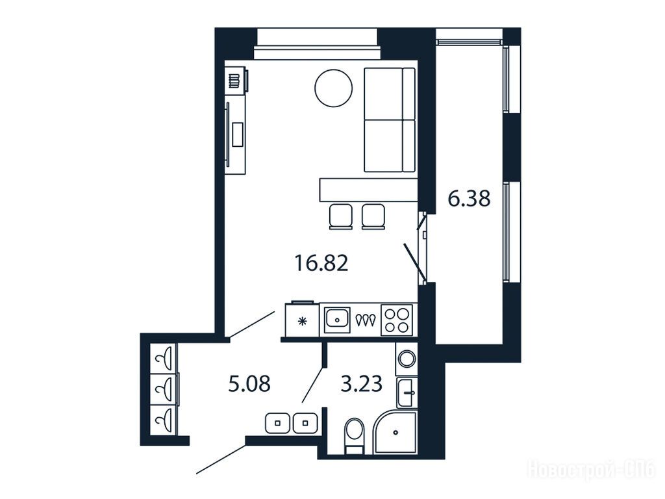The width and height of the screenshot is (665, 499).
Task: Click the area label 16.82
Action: click(321, 262)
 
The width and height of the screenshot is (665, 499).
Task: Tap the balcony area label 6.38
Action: click(469, 198)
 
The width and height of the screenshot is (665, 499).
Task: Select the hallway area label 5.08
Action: click(249, 384)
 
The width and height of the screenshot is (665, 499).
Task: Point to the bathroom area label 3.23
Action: click(362, 383)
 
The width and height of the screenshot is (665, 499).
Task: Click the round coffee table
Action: click(333, 88)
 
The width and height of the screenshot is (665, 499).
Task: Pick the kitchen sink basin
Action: click(337, 320)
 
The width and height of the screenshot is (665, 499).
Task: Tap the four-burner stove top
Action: click(397, 320)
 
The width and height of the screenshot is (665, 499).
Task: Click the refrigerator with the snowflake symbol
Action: click(303, 320)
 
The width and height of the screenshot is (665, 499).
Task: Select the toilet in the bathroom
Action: click(355, 435)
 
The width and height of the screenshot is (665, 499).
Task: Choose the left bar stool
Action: click(340, 216)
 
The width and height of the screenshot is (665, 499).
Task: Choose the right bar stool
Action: click(373, 216)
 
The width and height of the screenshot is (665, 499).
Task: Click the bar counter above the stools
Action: click(368, 190)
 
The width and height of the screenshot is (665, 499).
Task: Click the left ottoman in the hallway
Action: click(278, 423)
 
